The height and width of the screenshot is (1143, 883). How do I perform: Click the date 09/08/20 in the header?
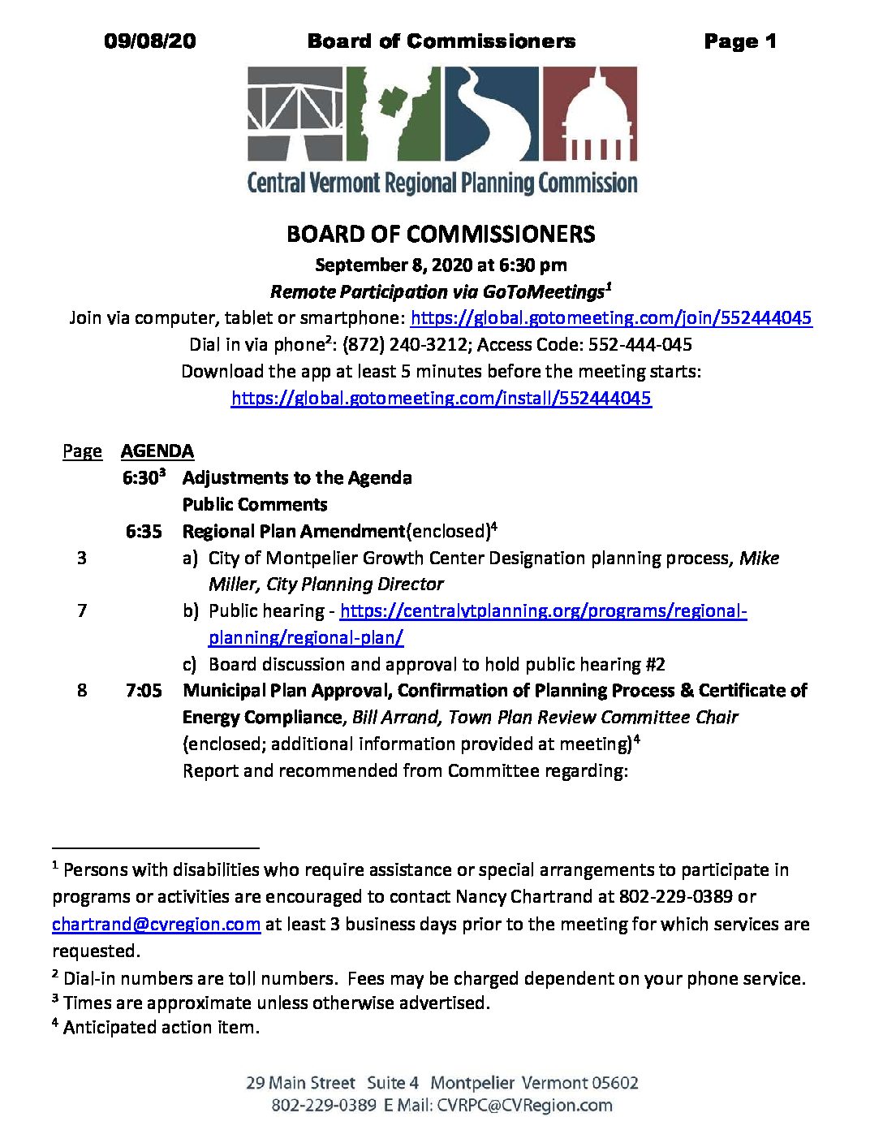pyautogui.click(x=150, y=41)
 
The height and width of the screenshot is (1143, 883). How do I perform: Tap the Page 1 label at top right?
pyautogui.click(x=739, y=41)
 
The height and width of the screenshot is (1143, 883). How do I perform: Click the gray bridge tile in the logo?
pyautogui.click(x=295, y=113)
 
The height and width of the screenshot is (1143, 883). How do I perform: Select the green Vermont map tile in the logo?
pyautogui.click(x=394, y=113)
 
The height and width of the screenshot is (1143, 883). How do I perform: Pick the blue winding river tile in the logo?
pyautogui.click(x=491, y=113)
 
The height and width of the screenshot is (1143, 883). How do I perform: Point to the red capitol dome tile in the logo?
pyautogui.click(x=590, y=113)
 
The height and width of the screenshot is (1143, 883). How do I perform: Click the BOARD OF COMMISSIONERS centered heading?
pyautogui.click(x=441, y=235)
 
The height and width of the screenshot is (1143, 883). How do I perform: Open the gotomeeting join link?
pyautogui.click(x=611, y=318)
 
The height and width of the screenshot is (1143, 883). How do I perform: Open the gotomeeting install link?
pyautogui.click(x=441, y=398)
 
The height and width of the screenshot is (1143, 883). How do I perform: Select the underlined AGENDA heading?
pyautogui.click(x=157, y=451)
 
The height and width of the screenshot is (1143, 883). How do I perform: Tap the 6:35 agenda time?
pyautogui.click(x=144, y=532)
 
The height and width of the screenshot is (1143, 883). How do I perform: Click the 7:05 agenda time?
pyautogui.click(x=144, y=691)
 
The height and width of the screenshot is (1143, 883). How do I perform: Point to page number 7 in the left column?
pyautogui.click(x=82, y=611)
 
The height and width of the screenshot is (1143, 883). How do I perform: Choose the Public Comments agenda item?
pyautogui.click(x=255, y=505)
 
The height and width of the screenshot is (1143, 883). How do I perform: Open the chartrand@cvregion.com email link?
pyautogui.click(x=157, y=925)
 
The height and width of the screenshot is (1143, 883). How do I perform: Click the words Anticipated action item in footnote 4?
pyautogui.click(x=162, y=1028)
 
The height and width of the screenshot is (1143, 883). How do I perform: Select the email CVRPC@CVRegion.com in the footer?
pyautogui.click(x=524, y=1106)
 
